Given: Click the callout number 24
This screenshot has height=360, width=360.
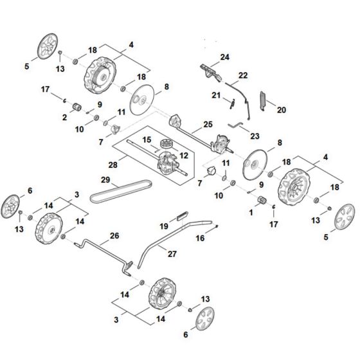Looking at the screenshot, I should click(225, 58).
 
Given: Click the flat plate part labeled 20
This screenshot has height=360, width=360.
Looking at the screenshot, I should click(262, 99).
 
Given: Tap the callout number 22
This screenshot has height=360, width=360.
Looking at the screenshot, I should click(243, 76).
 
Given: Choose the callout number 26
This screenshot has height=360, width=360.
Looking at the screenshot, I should click(114, 236).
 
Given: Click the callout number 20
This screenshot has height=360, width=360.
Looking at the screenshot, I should click(280, 110).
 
